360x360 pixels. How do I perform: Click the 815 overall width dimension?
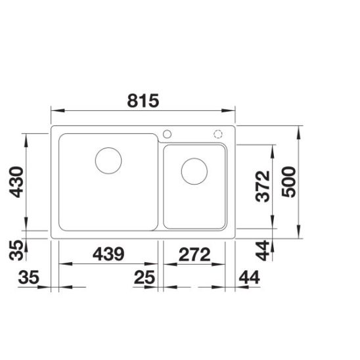point(143,101)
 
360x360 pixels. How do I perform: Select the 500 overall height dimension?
point(288,182)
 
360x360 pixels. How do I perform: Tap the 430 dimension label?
point(16,182)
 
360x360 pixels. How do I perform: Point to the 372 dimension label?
point(262,186)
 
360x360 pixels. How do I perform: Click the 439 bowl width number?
point(108,254)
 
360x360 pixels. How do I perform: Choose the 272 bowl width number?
point(194,254)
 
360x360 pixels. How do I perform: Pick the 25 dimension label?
point(145,277)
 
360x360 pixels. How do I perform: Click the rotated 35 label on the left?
point(16,250)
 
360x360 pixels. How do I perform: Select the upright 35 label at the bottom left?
point(29,277)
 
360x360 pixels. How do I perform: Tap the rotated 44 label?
point(262,250)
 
